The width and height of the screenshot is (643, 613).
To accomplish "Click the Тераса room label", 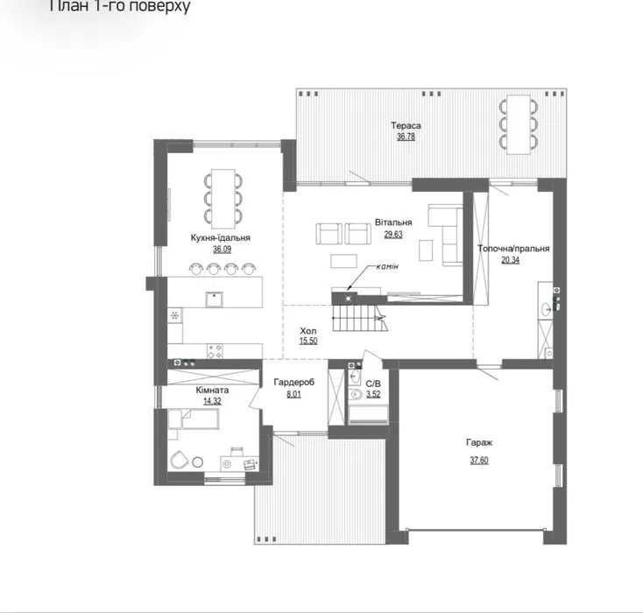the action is pyautogui.click(x=406, y=125).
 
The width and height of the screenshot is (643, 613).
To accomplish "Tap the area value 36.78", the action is pyautogui.click(x=406, y=137).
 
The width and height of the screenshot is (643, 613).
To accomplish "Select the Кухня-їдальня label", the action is pyautogui.click(x=220, y=237).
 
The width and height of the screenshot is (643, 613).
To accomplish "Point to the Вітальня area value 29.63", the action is pyautogui.click(x=393, y=234).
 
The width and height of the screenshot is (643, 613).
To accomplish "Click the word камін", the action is pyautogui.click(x=387, y=266).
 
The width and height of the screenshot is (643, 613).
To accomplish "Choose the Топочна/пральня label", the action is pyautogui.click(x=513, y=249).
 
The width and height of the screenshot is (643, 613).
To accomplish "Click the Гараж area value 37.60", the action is pyautogui.click(x=479, y=460).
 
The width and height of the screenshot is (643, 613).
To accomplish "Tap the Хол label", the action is pyautogui.click(x=308, y=330).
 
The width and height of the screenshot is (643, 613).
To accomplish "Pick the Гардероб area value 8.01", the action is pyautogui.click(x=293, y=394).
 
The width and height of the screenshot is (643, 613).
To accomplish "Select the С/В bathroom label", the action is pyautogui.click(x=373, y=384).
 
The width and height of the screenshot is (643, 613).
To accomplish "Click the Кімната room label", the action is pyautogui.click(x=212, y=390).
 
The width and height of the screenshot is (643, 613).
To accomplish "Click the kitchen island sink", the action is pyautogui.click(x=214, y=299).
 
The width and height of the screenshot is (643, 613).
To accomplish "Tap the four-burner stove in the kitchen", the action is pyautogui.click(x=215, y=350).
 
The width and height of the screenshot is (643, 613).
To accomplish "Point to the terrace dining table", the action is pyautogui.click(x=519, y=124).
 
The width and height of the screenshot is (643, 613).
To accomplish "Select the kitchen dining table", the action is pyautogui.click(x=223, y=199).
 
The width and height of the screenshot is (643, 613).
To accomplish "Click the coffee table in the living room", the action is pyautogui.click(x=343, y=261).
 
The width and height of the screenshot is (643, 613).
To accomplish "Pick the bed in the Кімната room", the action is pyautogui.click(x=193, y=419).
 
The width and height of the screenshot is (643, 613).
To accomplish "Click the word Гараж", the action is pyautogui.click(x=479, y=442).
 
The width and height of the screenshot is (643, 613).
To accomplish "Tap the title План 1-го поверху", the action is pyautogui.click(x=119, y=6).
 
